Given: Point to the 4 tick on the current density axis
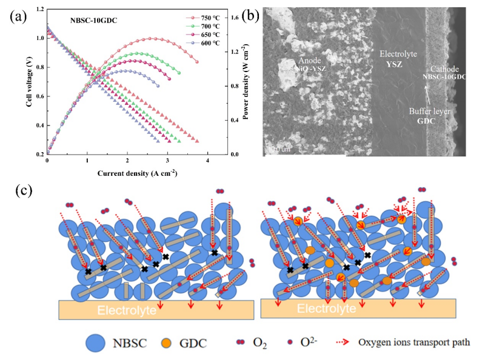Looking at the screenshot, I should pyautogui.click(x=208, y=161).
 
